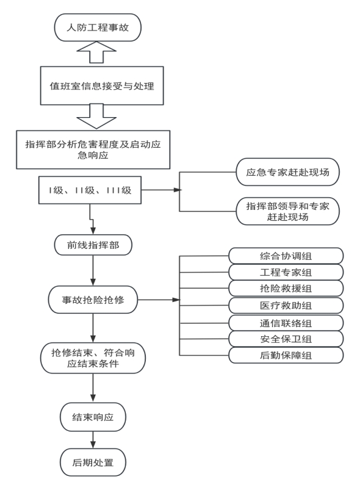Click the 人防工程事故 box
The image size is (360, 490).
98,27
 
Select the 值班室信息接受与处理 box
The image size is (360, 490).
102,85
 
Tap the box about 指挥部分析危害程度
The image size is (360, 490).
93,150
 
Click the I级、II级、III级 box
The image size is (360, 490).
90,190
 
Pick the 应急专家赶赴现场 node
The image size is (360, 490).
287,172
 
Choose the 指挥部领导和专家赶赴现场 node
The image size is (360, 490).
287,211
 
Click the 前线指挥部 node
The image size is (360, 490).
93,245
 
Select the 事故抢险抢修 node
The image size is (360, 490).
93,300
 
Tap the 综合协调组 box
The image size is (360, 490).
286,256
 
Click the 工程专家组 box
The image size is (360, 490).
286,272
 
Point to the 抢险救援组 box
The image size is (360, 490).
286,289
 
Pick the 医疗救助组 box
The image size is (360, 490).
286,305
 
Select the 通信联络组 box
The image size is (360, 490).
286,323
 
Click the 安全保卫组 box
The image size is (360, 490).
286,339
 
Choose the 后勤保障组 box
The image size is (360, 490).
286,355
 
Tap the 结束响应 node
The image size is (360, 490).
93,417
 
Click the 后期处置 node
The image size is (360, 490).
93,463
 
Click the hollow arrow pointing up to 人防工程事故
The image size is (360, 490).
96,52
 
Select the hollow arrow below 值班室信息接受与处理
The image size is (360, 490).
96,117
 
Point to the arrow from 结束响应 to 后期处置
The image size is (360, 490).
93,440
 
